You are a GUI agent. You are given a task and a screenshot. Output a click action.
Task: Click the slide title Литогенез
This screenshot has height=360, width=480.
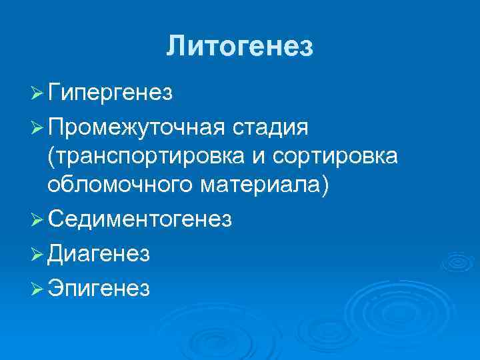(x=239, y=46)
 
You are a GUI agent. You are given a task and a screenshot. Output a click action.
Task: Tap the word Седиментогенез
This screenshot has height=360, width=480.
(x=139, y=219)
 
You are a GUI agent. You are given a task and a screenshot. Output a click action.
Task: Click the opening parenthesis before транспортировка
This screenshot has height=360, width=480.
(x=51, y=156)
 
